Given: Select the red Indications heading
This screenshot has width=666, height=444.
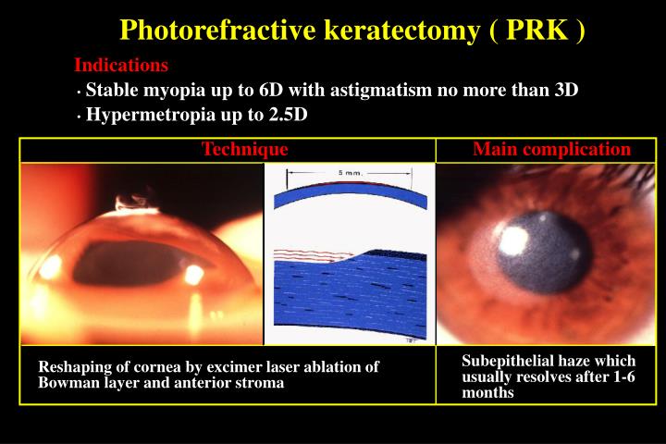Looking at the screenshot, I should tap(121, 66).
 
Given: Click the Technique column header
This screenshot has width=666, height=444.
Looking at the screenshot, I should tap(245, 149).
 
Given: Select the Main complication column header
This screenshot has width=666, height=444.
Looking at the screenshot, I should tap(551, 149).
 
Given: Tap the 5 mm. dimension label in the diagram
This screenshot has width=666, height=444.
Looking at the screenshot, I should tap(349, 173).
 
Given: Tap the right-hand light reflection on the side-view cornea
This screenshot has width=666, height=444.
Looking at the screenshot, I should tap(194, 274).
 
